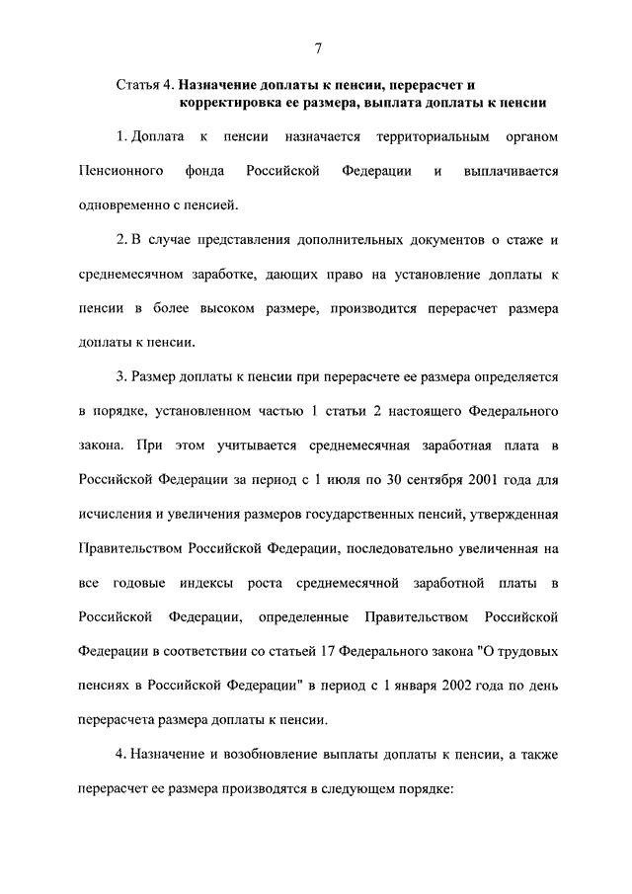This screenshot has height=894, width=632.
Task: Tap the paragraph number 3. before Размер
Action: [x=120, y=376]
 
